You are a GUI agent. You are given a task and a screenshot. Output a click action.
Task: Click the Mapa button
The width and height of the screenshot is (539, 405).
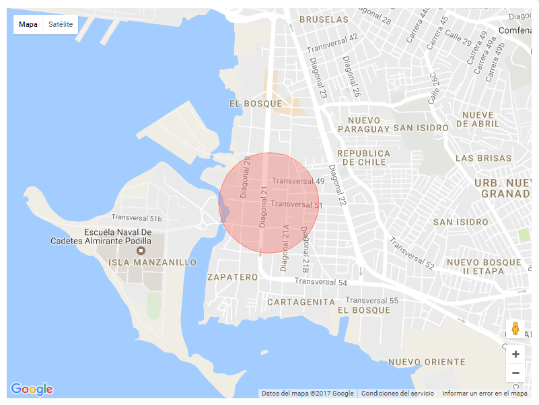pyautogui.click(x=28, y=25)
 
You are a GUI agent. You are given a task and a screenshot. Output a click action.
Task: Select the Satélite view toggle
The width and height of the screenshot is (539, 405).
pyautogui.click(x=60, y=25)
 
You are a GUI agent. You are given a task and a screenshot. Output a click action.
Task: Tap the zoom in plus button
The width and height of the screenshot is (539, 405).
pyautogui.click(x=515, y=355)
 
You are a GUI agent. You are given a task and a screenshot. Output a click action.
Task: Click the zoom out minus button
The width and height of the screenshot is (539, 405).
pyautogui.click(x=515, y=373)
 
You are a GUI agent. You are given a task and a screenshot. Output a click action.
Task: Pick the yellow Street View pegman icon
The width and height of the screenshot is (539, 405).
pyautogui.click(x=515, y=329)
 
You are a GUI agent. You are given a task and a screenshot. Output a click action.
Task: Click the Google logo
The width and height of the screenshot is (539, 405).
pyautogui.click(x=32, y=389)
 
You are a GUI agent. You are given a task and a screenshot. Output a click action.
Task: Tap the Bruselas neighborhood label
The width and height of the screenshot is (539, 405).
pyautogui.click(x=324, y=20)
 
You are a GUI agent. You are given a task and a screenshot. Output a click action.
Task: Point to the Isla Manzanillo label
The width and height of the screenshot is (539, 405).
pyautogui.click(x=153, y=262)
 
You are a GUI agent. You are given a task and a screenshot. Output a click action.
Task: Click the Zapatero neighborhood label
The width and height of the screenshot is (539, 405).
pyautogui.click(x=232, y=277)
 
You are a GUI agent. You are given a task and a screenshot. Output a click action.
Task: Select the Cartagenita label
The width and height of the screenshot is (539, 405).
pyautogui.click(x=301, y=302)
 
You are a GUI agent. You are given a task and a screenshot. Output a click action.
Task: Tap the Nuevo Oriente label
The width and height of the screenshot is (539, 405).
pyautogui.click(x=427, y=362)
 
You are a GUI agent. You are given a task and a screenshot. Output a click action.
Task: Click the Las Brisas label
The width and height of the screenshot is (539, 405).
pyautogui.click(x=483, y=158)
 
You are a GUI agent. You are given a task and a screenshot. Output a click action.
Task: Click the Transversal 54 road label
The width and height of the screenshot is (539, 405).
pyautogui.click(x=320, y=283)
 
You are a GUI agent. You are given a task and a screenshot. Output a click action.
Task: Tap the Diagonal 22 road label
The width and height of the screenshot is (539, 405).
pyautogui.click(x=337, y=185)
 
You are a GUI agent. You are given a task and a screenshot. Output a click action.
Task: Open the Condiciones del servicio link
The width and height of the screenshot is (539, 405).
pyautogui.click(x=398, y=394)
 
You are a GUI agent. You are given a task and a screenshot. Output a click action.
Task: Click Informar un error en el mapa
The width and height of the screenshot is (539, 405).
pyautogui.click(x=484, y=394)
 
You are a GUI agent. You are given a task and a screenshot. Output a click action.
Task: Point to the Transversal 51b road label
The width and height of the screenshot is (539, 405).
pyautogui.click(x=137, y=218)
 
